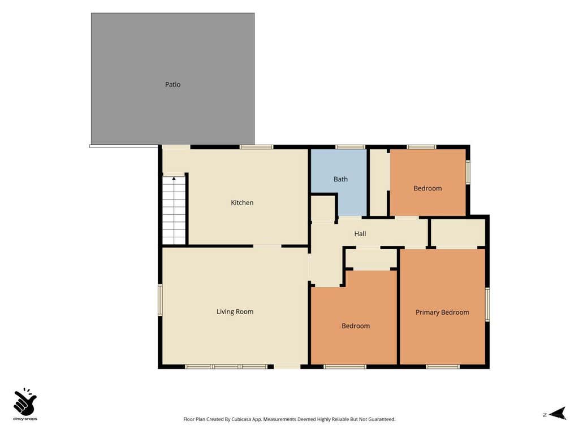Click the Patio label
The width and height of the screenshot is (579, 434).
(172, 85)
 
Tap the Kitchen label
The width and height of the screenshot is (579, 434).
(242, 203)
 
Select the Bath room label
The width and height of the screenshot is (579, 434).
(340, 179)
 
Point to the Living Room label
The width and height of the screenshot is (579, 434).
(235, 311)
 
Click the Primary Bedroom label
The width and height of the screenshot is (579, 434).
(442, 312)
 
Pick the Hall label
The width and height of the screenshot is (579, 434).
(360, 233)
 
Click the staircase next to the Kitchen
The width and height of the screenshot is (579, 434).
(174, 210)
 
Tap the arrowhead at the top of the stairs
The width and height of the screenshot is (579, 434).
(174, 179)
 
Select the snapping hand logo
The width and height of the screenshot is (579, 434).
(25, 402)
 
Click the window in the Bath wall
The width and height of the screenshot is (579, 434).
(350, 147)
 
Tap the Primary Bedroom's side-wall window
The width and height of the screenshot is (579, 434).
(487, 305)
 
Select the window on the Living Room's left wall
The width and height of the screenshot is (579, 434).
(160, 300)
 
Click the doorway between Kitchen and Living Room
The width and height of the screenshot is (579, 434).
(267, 246)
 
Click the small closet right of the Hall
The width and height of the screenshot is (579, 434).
(458, 232)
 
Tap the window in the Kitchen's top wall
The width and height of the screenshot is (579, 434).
(256, 147)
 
